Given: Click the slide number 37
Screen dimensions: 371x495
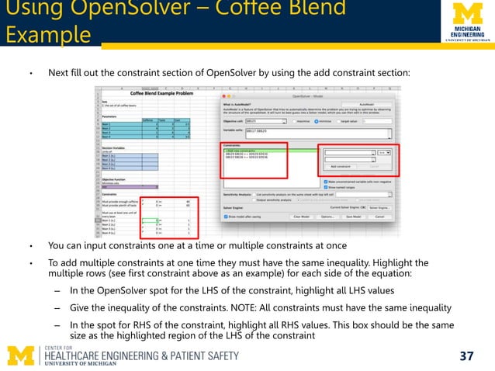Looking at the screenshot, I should (x=466, y=356).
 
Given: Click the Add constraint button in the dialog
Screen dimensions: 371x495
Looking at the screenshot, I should (x=344, y=166).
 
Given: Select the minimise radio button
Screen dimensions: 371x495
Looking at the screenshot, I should (x=295, y=121).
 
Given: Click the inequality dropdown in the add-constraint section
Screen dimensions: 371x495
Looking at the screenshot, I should (x=384, y=153).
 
